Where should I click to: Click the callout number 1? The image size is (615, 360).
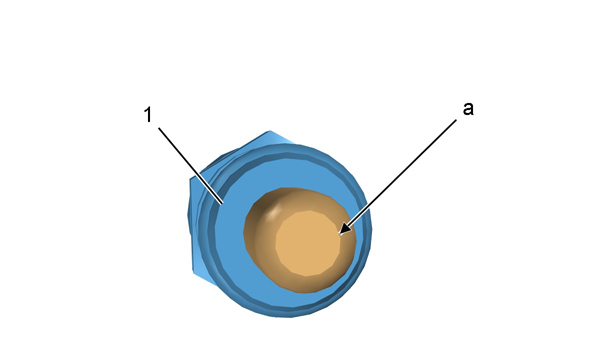pyautogui.click(x=147, y=115)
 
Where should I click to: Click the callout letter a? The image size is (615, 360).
pyautogui.click(x=468, y=108)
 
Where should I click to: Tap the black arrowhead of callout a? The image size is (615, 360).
pyautogui.click(x=345, y=229)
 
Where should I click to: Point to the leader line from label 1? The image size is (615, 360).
pyautogui.click(x=191, y=165)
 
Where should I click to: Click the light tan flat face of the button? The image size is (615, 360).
pyautogui.click(x=308, y=243)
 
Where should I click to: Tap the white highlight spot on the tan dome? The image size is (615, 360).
pyautogui.click(x=275, y=210)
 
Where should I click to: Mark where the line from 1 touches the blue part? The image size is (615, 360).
pyautogui.click(x=223, y=203)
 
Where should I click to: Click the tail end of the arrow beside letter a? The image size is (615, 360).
pyautogui.click(x=457, y=120)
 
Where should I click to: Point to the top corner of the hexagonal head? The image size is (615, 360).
pyautogui.click(x=270, y=131)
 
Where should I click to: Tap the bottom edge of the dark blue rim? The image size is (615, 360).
pyautogui.click(x=288, y=313)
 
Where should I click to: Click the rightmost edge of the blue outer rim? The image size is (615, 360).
pyautogui.click(x=370, y=231)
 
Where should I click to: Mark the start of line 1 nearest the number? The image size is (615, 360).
pyautogui.click(x=158, y=127)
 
